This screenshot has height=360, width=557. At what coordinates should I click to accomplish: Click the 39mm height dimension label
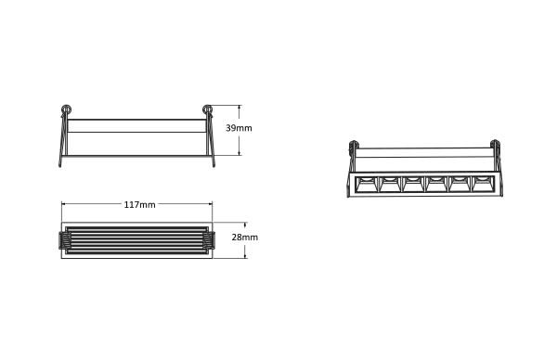click(239, 128)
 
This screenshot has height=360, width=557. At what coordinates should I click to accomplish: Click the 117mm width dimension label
click(139, 204)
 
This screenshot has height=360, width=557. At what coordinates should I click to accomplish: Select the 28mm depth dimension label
click(245, 238)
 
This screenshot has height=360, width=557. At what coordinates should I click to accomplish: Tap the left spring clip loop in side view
click(66, 109)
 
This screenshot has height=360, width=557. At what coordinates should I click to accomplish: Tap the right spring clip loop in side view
click(207, 109)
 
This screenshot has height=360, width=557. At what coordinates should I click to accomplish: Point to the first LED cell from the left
click(367, 185)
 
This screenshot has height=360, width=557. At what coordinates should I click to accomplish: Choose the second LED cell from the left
click(390, 185)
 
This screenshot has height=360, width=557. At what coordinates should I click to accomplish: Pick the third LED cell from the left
click(413, 185)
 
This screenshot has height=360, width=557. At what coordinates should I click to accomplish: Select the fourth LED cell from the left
click(436, 185)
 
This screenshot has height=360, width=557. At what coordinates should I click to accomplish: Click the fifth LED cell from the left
click(460, 185)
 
